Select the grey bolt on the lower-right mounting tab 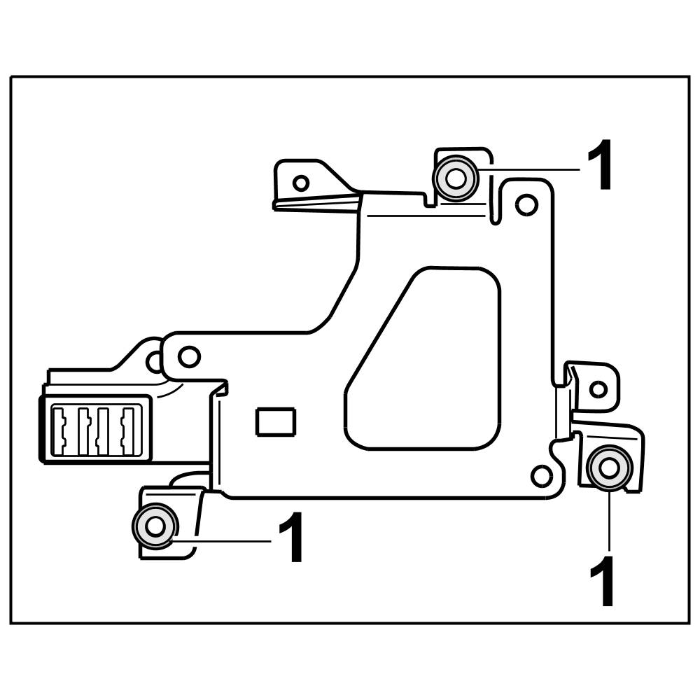(608, 466)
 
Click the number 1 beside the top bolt (601, 166)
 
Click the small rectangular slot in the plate (276, 422)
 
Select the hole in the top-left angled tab (301, 183)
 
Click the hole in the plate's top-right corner (526, 204)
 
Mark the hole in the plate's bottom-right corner (542, 476)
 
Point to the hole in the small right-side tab (598, 389)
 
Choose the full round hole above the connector (188, 356)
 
